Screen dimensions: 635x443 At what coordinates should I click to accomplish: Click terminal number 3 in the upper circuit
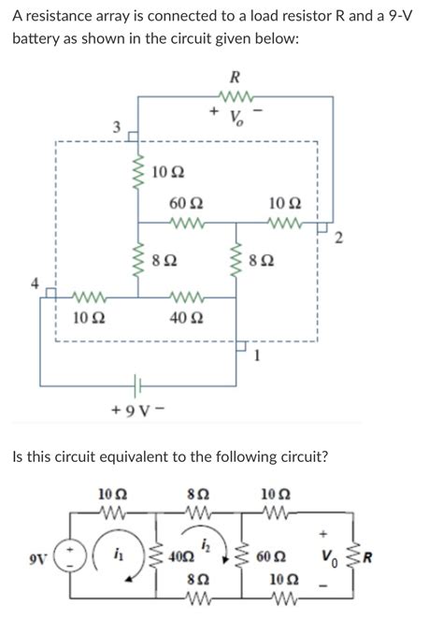(x=117, y=126)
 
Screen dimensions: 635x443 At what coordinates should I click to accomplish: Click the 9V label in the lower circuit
(x=36, y=561)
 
